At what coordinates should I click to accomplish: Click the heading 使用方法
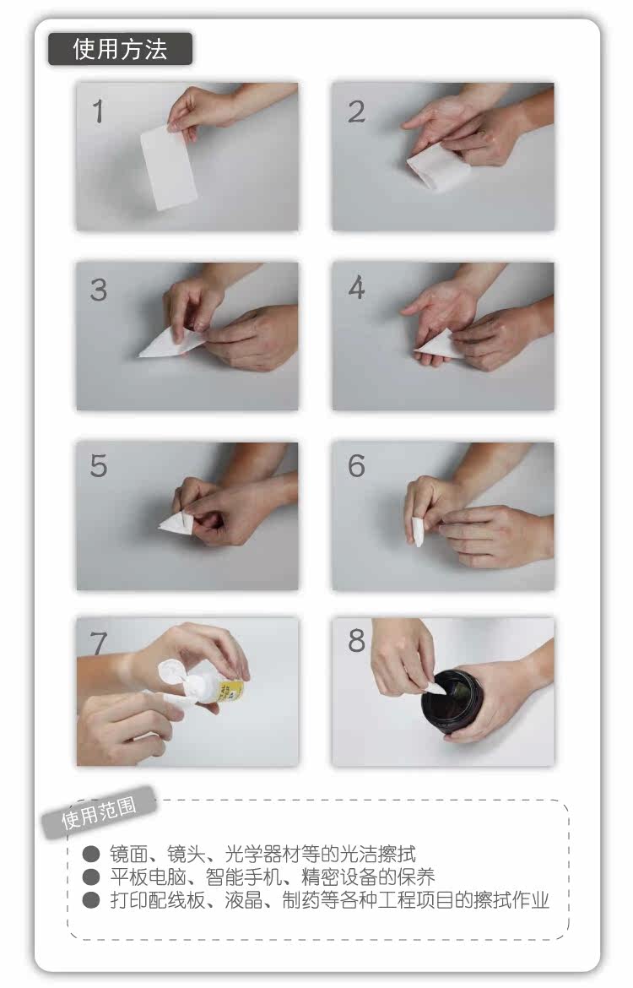(120, 49)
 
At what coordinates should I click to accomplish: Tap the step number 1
(98, 111)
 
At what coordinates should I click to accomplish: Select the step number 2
(356, 111)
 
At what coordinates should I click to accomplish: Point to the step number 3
(98, 290)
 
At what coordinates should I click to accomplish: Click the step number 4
(356, 288)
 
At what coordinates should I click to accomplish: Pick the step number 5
(98, 466)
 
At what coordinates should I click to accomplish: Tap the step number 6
(356, 466)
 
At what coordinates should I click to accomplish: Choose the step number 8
(356, 641)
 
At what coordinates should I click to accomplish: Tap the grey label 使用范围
(99, 812)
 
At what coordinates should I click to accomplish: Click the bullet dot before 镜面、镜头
(91, 855)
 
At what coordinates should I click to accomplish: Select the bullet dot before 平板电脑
(91, 877)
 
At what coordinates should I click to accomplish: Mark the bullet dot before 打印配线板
(91, 900)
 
